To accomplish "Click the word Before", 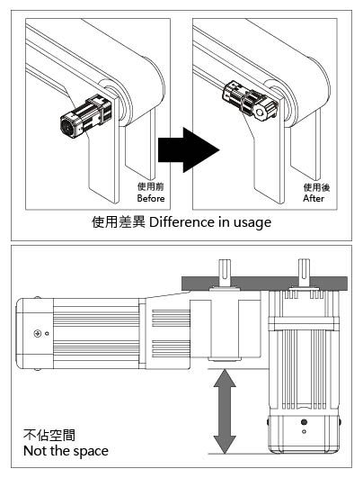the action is [x=151, y=198].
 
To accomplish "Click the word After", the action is [x=314, y=198].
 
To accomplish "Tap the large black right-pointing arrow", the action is [x=189, y=150].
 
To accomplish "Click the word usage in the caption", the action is [x=252, y=223].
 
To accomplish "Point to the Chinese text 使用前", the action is [x=151, y=186].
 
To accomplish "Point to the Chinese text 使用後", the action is [x=316, y=187].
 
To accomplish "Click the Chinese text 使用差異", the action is [x=119, y=222].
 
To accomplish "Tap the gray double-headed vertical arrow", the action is [x=225, y=411].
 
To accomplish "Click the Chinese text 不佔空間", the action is [x=49, y=435].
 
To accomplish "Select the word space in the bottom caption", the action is [x=91, y=452].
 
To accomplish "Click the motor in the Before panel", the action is [x=86, y=116].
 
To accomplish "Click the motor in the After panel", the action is [x=250, y=101].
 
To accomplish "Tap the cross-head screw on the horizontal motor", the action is [x=38, y=333].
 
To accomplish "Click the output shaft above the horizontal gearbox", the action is [x=225, y=273].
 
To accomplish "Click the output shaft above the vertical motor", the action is [x=304, y=272].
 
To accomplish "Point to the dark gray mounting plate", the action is [x=264, y=284].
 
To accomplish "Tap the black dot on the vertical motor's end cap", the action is [x=304, y=422].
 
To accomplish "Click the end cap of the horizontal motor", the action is [x=35, y=333].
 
